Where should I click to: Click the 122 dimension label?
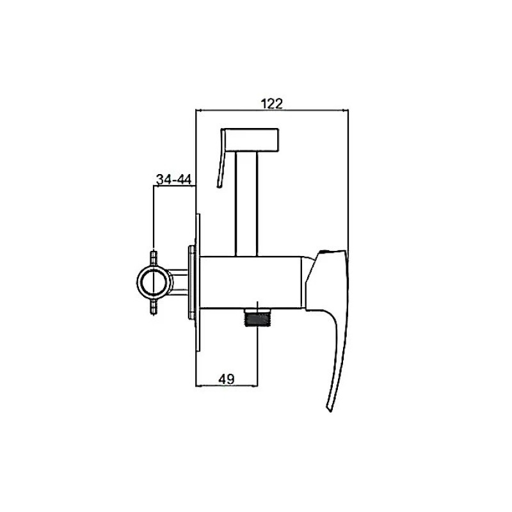point(271,104)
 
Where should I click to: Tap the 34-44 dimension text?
point(173,180)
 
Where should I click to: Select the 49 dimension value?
point(227,380)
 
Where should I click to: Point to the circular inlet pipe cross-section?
point(154,281)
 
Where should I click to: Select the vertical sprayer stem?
point(246,204)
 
